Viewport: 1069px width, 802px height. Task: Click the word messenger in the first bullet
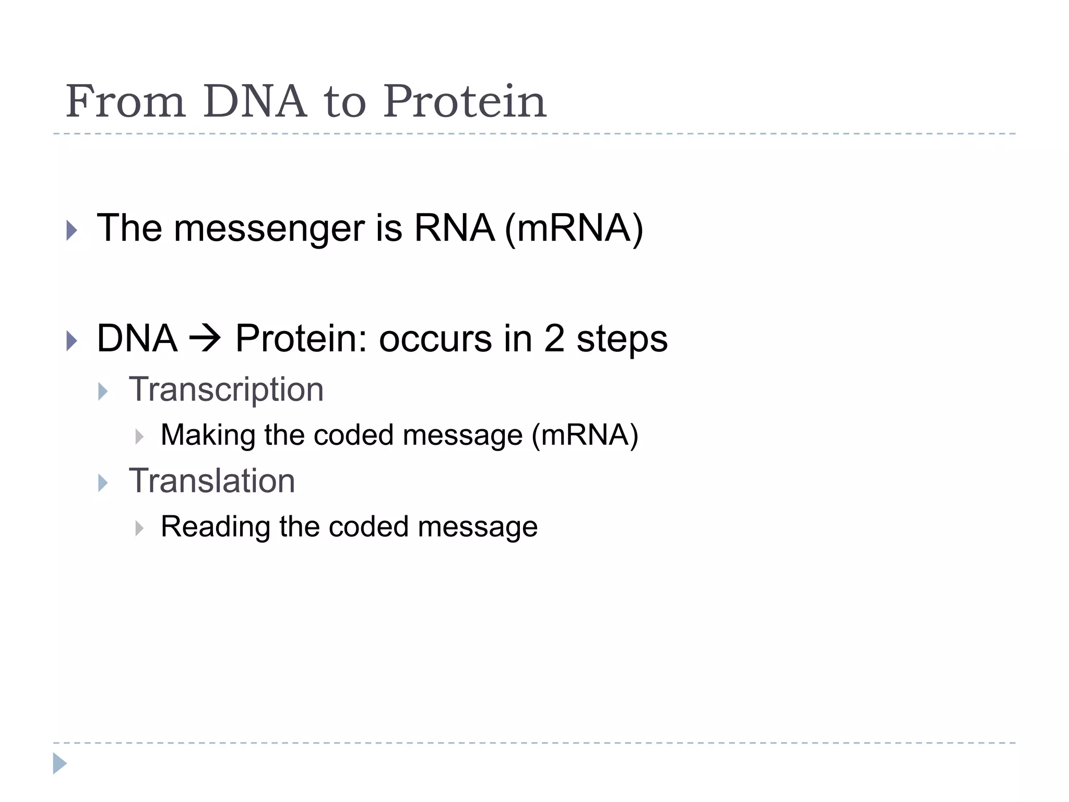269,229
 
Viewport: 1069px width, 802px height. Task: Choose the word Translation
212,481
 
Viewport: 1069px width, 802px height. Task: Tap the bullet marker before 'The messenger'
72,230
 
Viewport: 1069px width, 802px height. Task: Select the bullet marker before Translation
103,483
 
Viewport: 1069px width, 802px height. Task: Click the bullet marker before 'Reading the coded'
139,528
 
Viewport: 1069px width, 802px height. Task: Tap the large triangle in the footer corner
60,763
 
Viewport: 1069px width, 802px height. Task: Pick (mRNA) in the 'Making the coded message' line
585,435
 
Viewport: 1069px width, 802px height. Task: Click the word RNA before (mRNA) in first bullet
454,229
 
